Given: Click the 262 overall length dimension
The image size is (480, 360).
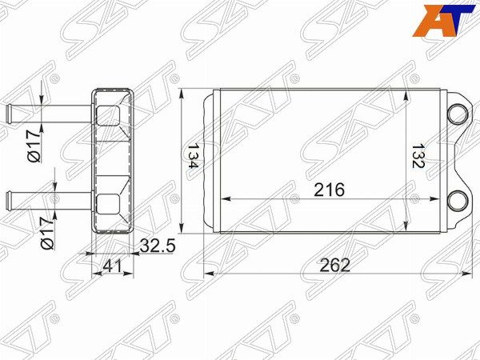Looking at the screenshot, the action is (334, 265).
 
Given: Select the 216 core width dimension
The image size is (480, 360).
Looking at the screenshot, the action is (330, 190).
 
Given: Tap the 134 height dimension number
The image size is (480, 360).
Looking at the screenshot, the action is (193, 156).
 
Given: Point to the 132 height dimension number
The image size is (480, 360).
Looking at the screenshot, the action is (418, 156).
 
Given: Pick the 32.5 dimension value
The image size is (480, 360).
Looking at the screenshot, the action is (158, 246).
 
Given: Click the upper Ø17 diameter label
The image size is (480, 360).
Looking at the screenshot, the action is (34, 146).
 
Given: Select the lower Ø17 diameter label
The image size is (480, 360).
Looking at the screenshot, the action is (47, 234).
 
